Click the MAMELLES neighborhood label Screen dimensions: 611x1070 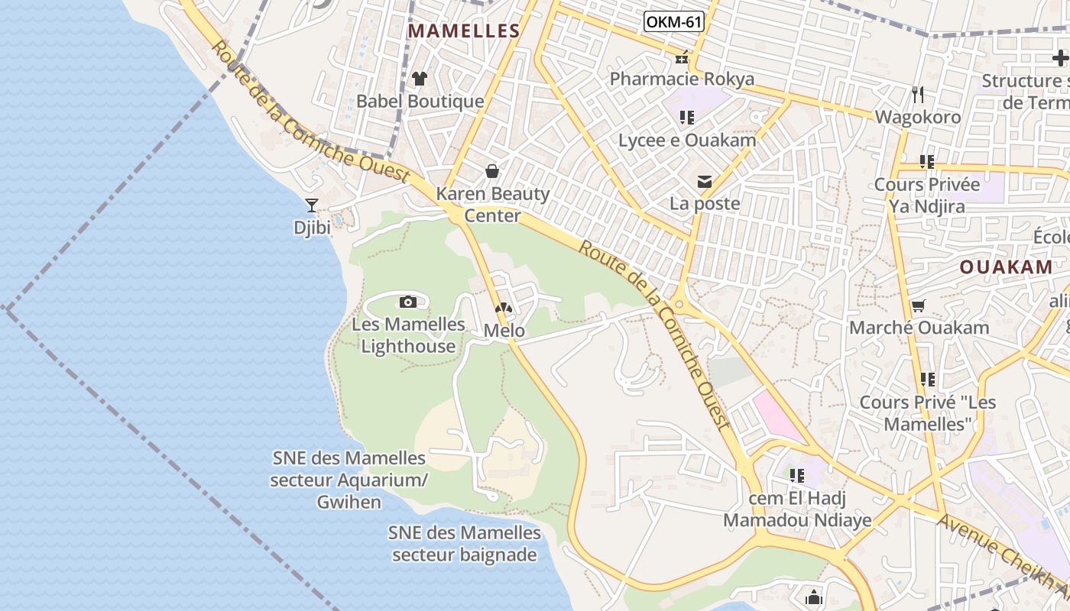(464, 31)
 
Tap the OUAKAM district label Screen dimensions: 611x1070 (1006, 267)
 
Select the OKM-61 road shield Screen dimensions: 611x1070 (673, 21)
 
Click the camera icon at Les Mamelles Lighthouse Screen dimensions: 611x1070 (408, 302)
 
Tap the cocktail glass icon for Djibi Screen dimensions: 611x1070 (312, 205)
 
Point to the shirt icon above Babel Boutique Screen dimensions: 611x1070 (420, 78)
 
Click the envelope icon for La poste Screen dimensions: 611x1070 (704, 182)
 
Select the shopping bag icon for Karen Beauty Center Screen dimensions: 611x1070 (493, 171)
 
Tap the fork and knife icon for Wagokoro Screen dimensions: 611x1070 (918, 95)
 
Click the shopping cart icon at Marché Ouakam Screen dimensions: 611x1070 (919, 305)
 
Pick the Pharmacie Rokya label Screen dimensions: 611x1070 (682, 79)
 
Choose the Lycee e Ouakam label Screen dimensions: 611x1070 (687, 141)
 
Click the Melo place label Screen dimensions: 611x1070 (504, 331)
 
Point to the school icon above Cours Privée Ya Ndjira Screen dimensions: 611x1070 (927, 162)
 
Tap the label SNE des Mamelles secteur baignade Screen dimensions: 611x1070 (465, 544)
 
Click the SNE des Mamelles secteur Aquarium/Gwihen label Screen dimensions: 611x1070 (349, 480)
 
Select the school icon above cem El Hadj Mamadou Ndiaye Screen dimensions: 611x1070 (797, 476)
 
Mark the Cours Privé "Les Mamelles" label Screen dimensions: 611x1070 (927, 412)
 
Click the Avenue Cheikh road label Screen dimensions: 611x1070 (1001, 558)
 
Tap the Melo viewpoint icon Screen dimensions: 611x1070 (503, 309)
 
